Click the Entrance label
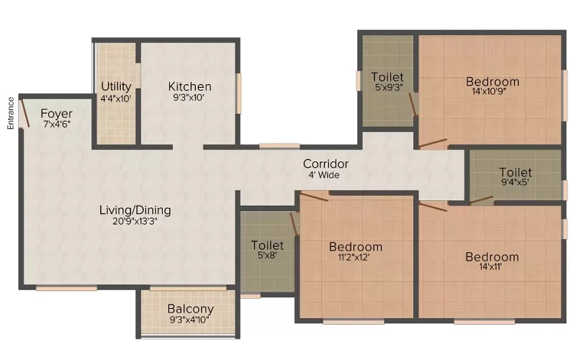pos(10,113)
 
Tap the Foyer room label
pos(57,114)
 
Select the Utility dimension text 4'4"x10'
pos(116,99)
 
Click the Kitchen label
pos(189,86)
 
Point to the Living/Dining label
pos(135,210)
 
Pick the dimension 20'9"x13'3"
pos(135,221)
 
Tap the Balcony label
pos(190,309)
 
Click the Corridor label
pos(326,164)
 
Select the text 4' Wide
pos(324,175)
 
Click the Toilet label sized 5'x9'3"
pos(387,77)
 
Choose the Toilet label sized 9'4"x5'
pos(516,172)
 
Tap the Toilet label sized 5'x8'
pos(267,245)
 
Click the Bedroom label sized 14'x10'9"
pos(492,81)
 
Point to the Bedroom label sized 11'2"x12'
pos(356,247)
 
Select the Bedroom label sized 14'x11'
pos(492,257)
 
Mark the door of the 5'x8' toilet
pos(294,224)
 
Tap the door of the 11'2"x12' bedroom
pos(313,197)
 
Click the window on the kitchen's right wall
pos(239,94)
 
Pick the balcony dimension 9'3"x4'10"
pos(189,320)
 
